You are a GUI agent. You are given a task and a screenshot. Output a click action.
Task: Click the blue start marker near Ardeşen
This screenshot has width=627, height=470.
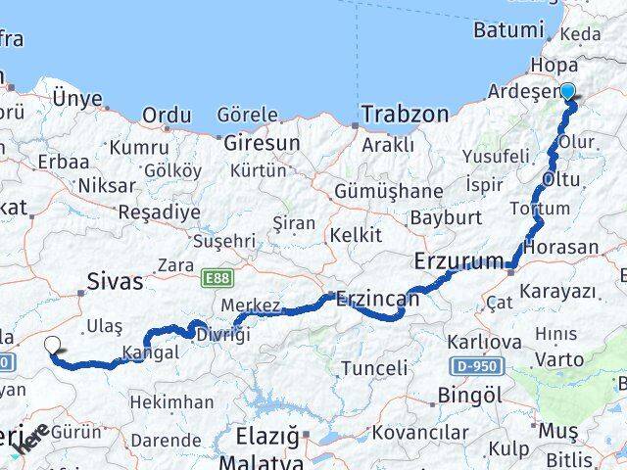tap(567, 92)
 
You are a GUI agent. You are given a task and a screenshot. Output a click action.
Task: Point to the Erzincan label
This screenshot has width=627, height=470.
tap(376, 300)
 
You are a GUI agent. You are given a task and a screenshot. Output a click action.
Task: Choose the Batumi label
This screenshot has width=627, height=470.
tap(506, 30)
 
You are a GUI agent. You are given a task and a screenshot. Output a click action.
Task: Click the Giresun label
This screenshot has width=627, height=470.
tap(262, 143)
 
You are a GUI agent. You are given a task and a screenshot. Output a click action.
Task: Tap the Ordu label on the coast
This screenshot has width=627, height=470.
tap(167, 116)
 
